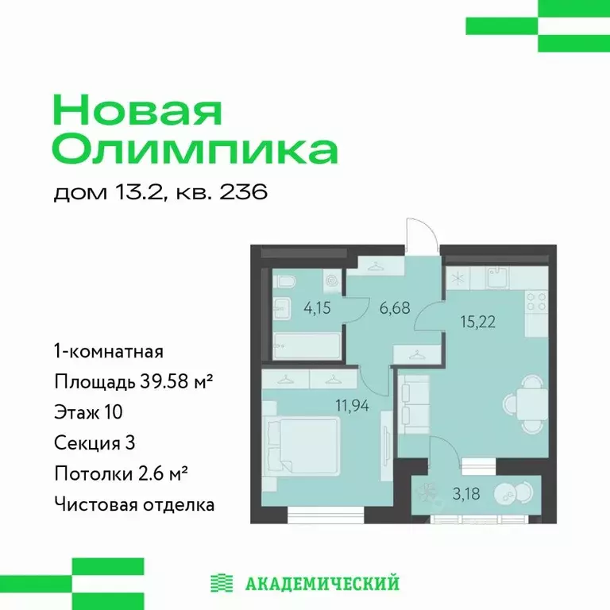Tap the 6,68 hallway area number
click(x=396, y=307)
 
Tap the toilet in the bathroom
click(x=286, y=281)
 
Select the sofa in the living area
click(x=412, y=403)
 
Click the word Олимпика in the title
click(x=195, y=149)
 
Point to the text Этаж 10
click(x=88, y=411)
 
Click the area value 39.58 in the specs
click(x=168, y=381)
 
